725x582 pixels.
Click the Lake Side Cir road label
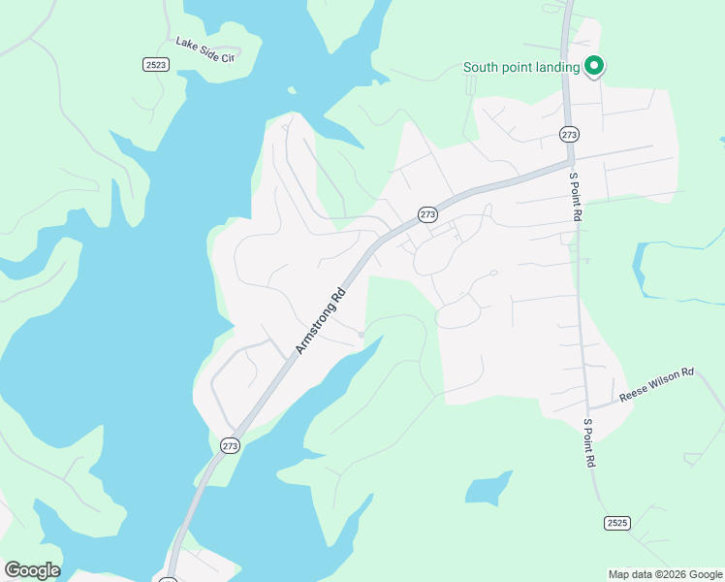click(205, 49)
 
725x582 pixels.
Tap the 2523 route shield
click(155, 64)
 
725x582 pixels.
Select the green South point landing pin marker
click(594, 66)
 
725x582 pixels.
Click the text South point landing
click(521, 67)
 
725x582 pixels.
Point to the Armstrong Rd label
click(321, 318)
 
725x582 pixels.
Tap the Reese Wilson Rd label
click(658, 379)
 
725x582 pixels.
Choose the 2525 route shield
click(616, 523)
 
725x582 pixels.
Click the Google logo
click(32, 569)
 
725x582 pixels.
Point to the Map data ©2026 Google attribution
click(666, 574)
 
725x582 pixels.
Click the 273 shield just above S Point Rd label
click(569, 133)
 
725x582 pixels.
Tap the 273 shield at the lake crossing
click(229, 445)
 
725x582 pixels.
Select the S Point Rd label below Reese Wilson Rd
click(589, 443)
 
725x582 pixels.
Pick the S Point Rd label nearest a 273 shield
click(576, 197)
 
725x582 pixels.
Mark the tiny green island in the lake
click(291, 91)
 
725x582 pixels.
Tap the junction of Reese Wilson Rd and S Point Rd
click(587, 406)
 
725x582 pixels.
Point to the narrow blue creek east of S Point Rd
click(640, 267)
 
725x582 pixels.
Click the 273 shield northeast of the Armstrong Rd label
click(426, 213)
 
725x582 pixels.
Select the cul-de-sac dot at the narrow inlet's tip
click(361, 335)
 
